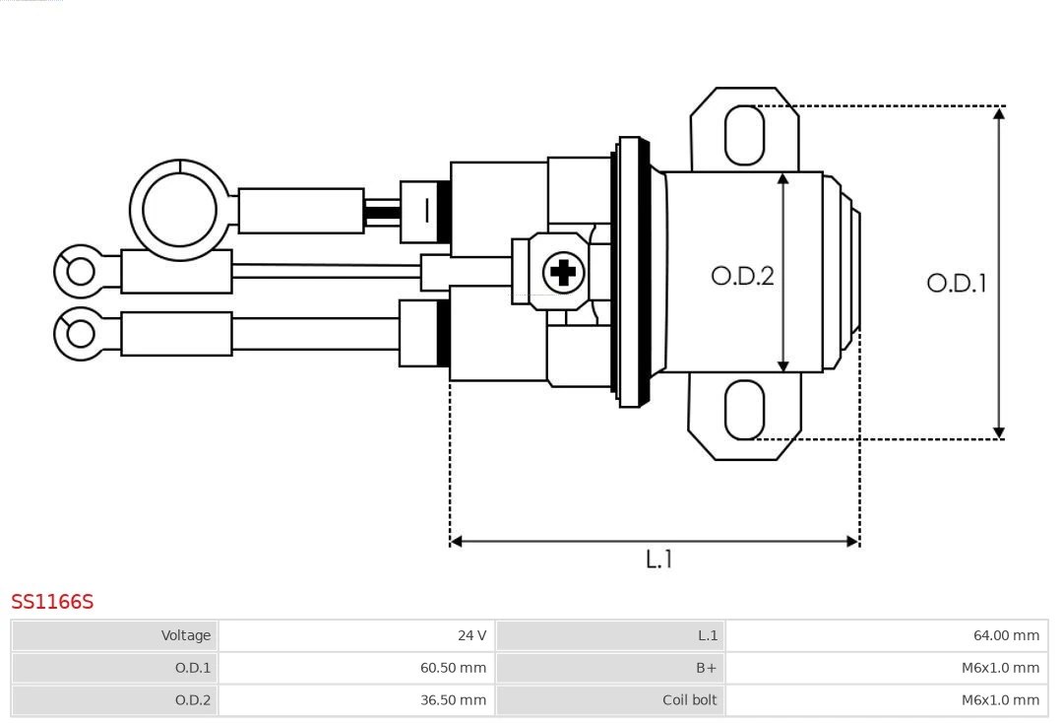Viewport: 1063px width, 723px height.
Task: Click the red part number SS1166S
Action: (52, 602)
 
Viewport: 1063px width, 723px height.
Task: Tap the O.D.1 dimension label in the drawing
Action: (956, 284)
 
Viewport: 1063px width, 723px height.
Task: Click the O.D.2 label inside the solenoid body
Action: (742, 276)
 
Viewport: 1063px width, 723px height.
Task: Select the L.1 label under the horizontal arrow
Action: (658, 559)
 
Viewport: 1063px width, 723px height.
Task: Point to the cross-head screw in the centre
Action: (563, 271)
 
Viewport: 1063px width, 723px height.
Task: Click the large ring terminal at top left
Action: (179, 210)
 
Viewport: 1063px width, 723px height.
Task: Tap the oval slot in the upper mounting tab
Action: (744, 135)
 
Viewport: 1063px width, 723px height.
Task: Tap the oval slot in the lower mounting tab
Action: (744, 410)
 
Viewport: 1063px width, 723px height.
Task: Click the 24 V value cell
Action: (471, 635)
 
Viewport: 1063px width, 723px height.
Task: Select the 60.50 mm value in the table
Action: (453, 668)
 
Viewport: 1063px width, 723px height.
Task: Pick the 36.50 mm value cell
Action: (453, 700)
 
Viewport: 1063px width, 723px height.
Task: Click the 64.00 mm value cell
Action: (1006, 635)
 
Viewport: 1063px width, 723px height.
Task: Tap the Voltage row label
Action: (186, 635)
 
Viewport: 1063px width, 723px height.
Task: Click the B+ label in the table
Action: (706, 668)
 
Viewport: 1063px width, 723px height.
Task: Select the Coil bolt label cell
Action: (689, 700)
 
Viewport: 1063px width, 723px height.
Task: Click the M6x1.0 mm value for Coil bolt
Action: (1000, 700)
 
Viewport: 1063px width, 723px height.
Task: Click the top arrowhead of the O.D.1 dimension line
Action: (999, 114)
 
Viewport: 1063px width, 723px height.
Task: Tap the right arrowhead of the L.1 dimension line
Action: (852, 541)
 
